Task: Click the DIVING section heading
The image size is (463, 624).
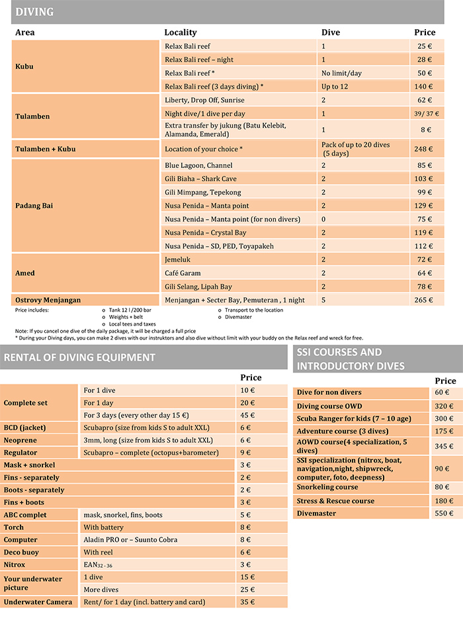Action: pos(34,12)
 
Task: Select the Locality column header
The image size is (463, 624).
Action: pos(181,32)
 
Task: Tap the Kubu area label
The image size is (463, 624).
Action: pos(24,66)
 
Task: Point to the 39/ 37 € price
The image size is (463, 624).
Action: pos(427,113)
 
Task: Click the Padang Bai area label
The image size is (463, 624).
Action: pos(34,206)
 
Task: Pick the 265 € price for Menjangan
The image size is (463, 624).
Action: pos(423,300)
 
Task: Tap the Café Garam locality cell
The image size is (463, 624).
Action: pos(183,273)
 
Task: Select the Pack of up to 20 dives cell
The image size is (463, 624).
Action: pos(356,149)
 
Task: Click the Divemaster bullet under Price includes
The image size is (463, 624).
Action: pos(238,317)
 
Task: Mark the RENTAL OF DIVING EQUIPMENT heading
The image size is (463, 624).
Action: pos(79,357)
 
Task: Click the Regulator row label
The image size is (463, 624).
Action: pos(21,453)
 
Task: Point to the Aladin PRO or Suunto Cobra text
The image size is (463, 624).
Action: pos(130,540)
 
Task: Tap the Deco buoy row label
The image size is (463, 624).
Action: pos(21,552)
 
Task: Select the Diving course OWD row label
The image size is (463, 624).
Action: pos(329,406)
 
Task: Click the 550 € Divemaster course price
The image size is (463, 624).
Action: pos(444,513)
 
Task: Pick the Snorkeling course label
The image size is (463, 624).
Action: pos(327,487)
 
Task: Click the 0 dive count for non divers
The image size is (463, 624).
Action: pos(323,219)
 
